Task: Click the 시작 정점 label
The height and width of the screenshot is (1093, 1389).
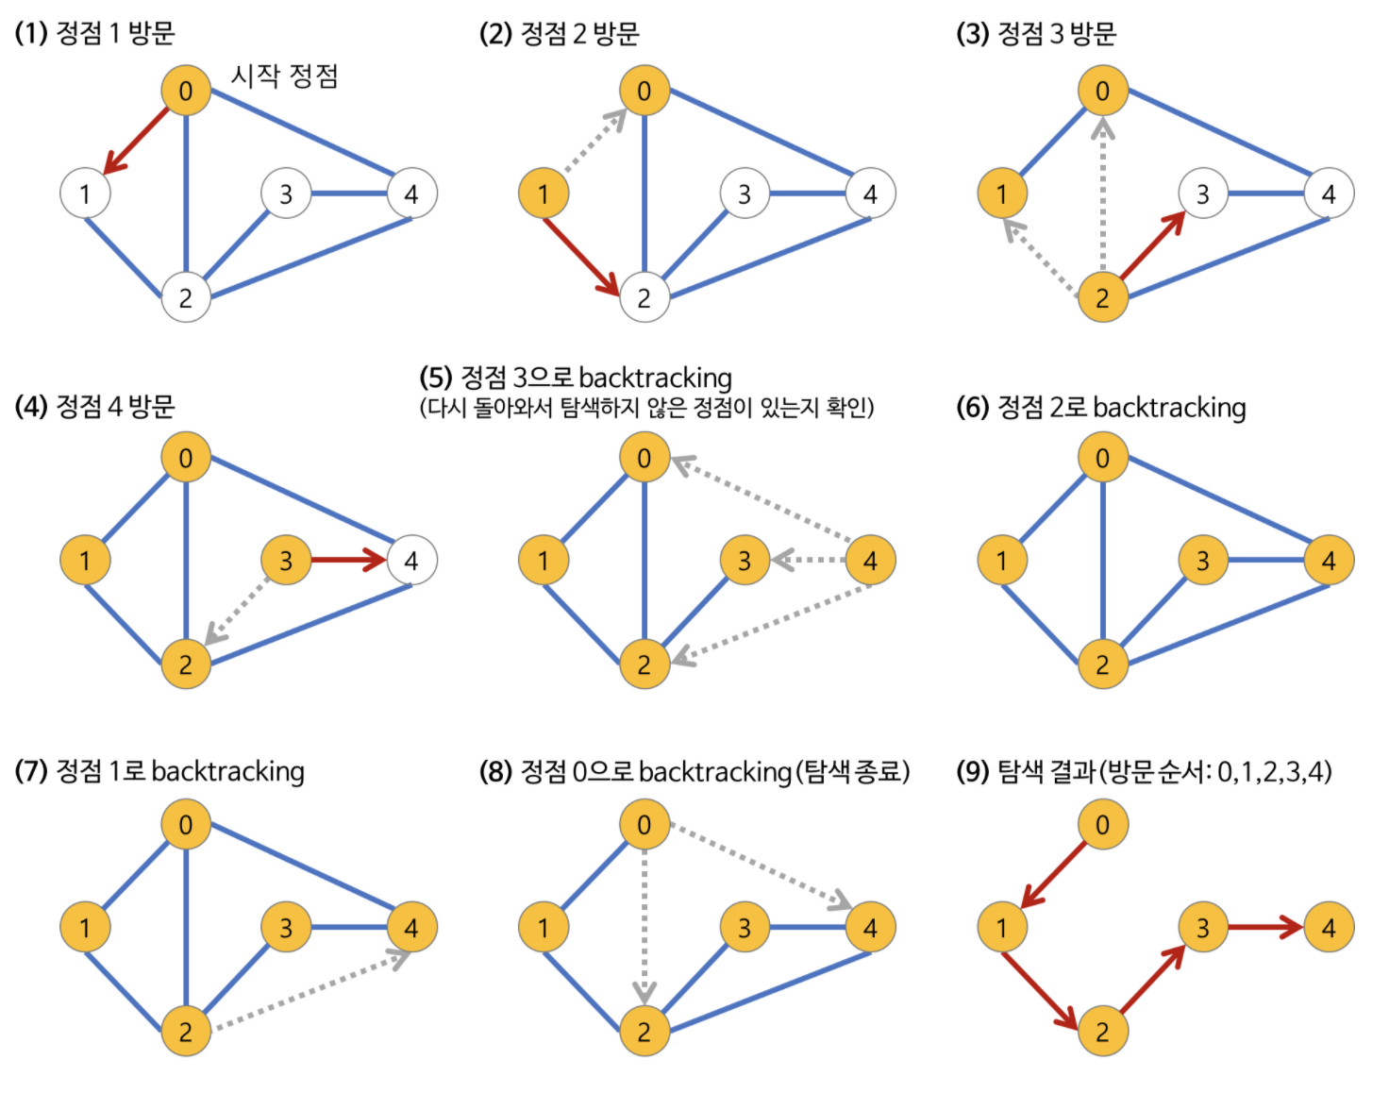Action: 284,76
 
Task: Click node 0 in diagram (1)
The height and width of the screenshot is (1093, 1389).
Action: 186,91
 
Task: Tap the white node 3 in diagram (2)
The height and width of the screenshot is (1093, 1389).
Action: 745,193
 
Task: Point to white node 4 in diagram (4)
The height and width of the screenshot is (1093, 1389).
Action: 411,561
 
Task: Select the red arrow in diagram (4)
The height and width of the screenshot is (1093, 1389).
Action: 347,561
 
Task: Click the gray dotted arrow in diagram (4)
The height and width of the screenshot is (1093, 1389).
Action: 237,613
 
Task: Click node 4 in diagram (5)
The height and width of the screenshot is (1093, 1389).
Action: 870,561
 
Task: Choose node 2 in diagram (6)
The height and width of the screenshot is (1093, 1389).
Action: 1102,664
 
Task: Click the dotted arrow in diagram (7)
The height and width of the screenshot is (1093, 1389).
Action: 311,990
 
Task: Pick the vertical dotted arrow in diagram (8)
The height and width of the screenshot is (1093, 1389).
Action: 644,925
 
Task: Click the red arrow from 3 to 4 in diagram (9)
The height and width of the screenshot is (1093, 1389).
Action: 1264,928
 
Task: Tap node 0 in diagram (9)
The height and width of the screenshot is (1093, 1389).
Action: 1102,825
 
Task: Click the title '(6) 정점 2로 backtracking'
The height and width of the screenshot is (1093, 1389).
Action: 1100,407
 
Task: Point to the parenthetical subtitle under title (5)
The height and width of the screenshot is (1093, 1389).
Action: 646,408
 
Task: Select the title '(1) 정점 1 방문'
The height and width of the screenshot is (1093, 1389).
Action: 94,33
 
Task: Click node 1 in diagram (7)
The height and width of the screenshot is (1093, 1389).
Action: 85,928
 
